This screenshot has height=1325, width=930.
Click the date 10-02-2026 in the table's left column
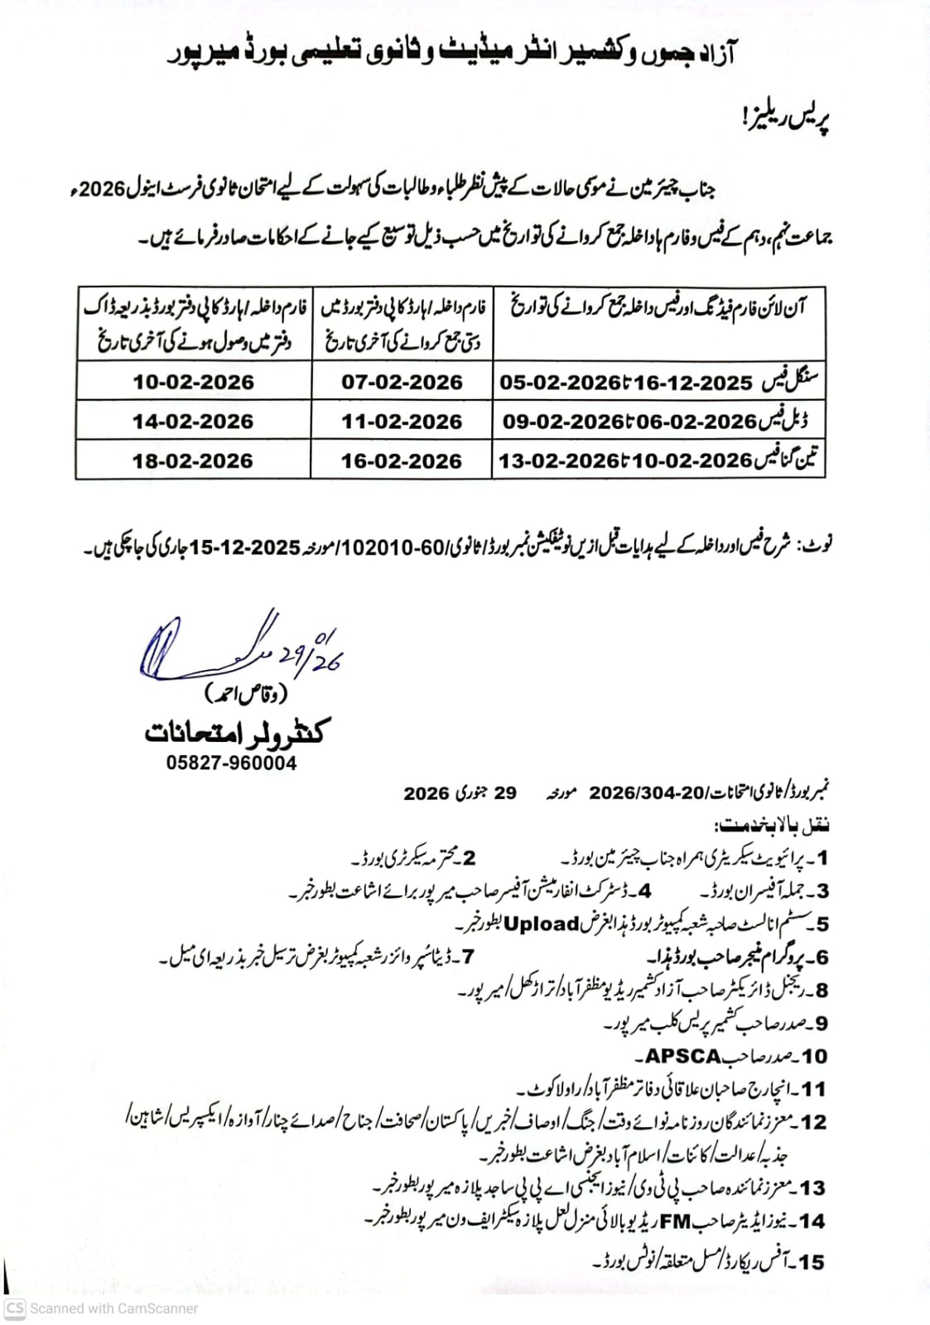tap(193, 382)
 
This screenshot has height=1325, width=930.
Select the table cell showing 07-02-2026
tap(402, 382)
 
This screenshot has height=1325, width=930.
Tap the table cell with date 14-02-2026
tap(193, 422)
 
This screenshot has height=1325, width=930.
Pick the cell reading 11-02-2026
tap(402, 422)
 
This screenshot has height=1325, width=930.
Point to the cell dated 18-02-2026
tap(193, 460)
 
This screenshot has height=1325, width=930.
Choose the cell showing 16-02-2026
tap(402, 460)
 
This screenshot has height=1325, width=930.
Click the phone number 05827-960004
tap(231, 763)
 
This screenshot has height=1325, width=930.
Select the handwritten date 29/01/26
tap(311, 654)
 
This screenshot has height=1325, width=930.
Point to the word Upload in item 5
tap(542, 923)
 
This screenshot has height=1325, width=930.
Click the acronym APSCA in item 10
tap(683, 1056)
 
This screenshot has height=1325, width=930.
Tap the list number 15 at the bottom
tap(812, 1261)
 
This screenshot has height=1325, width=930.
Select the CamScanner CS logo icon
tap(15, 1308)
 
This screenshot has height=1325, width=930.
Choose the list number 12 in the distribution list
tap(813, 1122)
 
